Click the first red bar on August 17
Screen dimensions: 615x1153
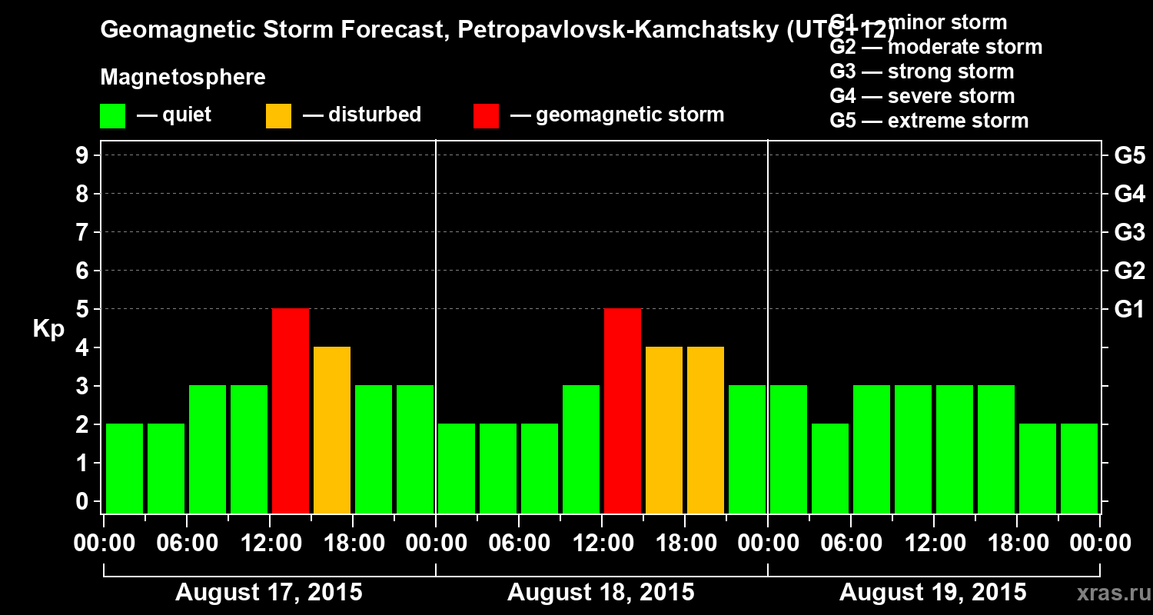click(x=291, y=411)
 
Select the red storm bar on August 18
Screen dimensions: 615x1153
click(x=623, y=411)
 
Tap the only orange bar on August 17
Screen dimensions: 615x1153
click(x=332, y=430)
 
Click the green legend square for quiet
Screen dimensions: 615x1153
click(x=112, y=116)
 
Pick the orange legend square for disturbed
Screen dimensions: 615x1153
click(x=278, y=116)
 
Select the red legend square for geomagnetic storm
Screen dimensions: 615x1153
click(x=486, y=116)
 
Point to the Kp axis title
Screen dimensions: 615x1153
click(x=48, y=328)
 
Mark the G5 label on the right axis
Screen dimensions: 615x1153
click(x=1129, y=155)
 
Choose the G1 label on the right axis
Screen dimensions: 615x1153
click(x=1129, y=309)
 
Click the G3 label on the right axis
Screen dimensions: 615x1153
click(x=1129, y=232)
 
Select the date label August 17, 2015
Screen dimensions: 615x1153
click(x=269, y=593)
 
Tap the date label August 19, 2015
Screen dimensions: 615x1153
click(x=932, y=593)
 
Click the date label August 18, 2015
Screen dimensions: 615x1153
click(x=600, y=593)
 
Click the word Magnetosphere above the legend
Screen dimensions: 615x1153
click(x=183, y=78)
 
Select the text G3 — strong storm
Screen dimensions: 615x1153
click(x=922, y=71)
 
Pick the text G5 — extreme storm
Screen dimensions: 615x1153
click(x=929, y=121)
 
